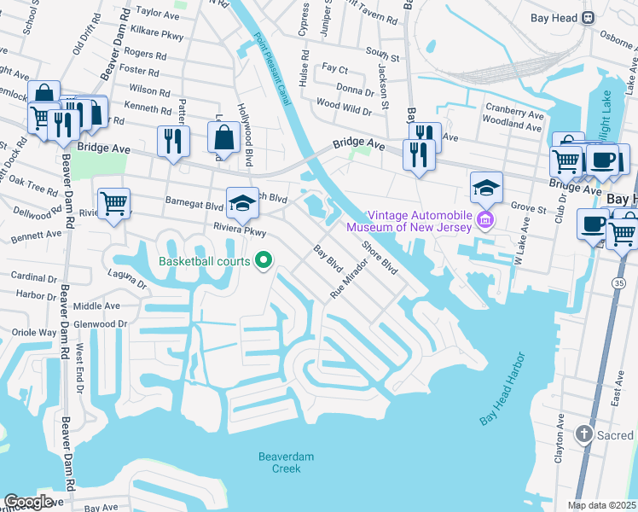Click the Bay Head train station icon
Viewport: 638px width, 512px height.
click(x=588, y=18)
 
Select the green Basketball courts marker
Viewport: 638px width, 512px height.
click(x=264, y=260)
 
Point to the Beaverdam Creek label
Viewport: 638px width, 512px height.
click(x=286, y=463)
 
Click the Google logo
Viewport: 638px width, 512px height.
click(x=28, y=502)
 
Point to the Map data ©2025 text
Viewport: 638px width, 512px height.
click(x=600, y=505)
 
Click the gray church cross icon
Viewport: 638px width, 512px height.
click(x=583, y=434)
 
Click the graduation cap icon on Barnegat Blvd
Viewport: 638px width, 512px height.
click(x=242, y=201)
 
